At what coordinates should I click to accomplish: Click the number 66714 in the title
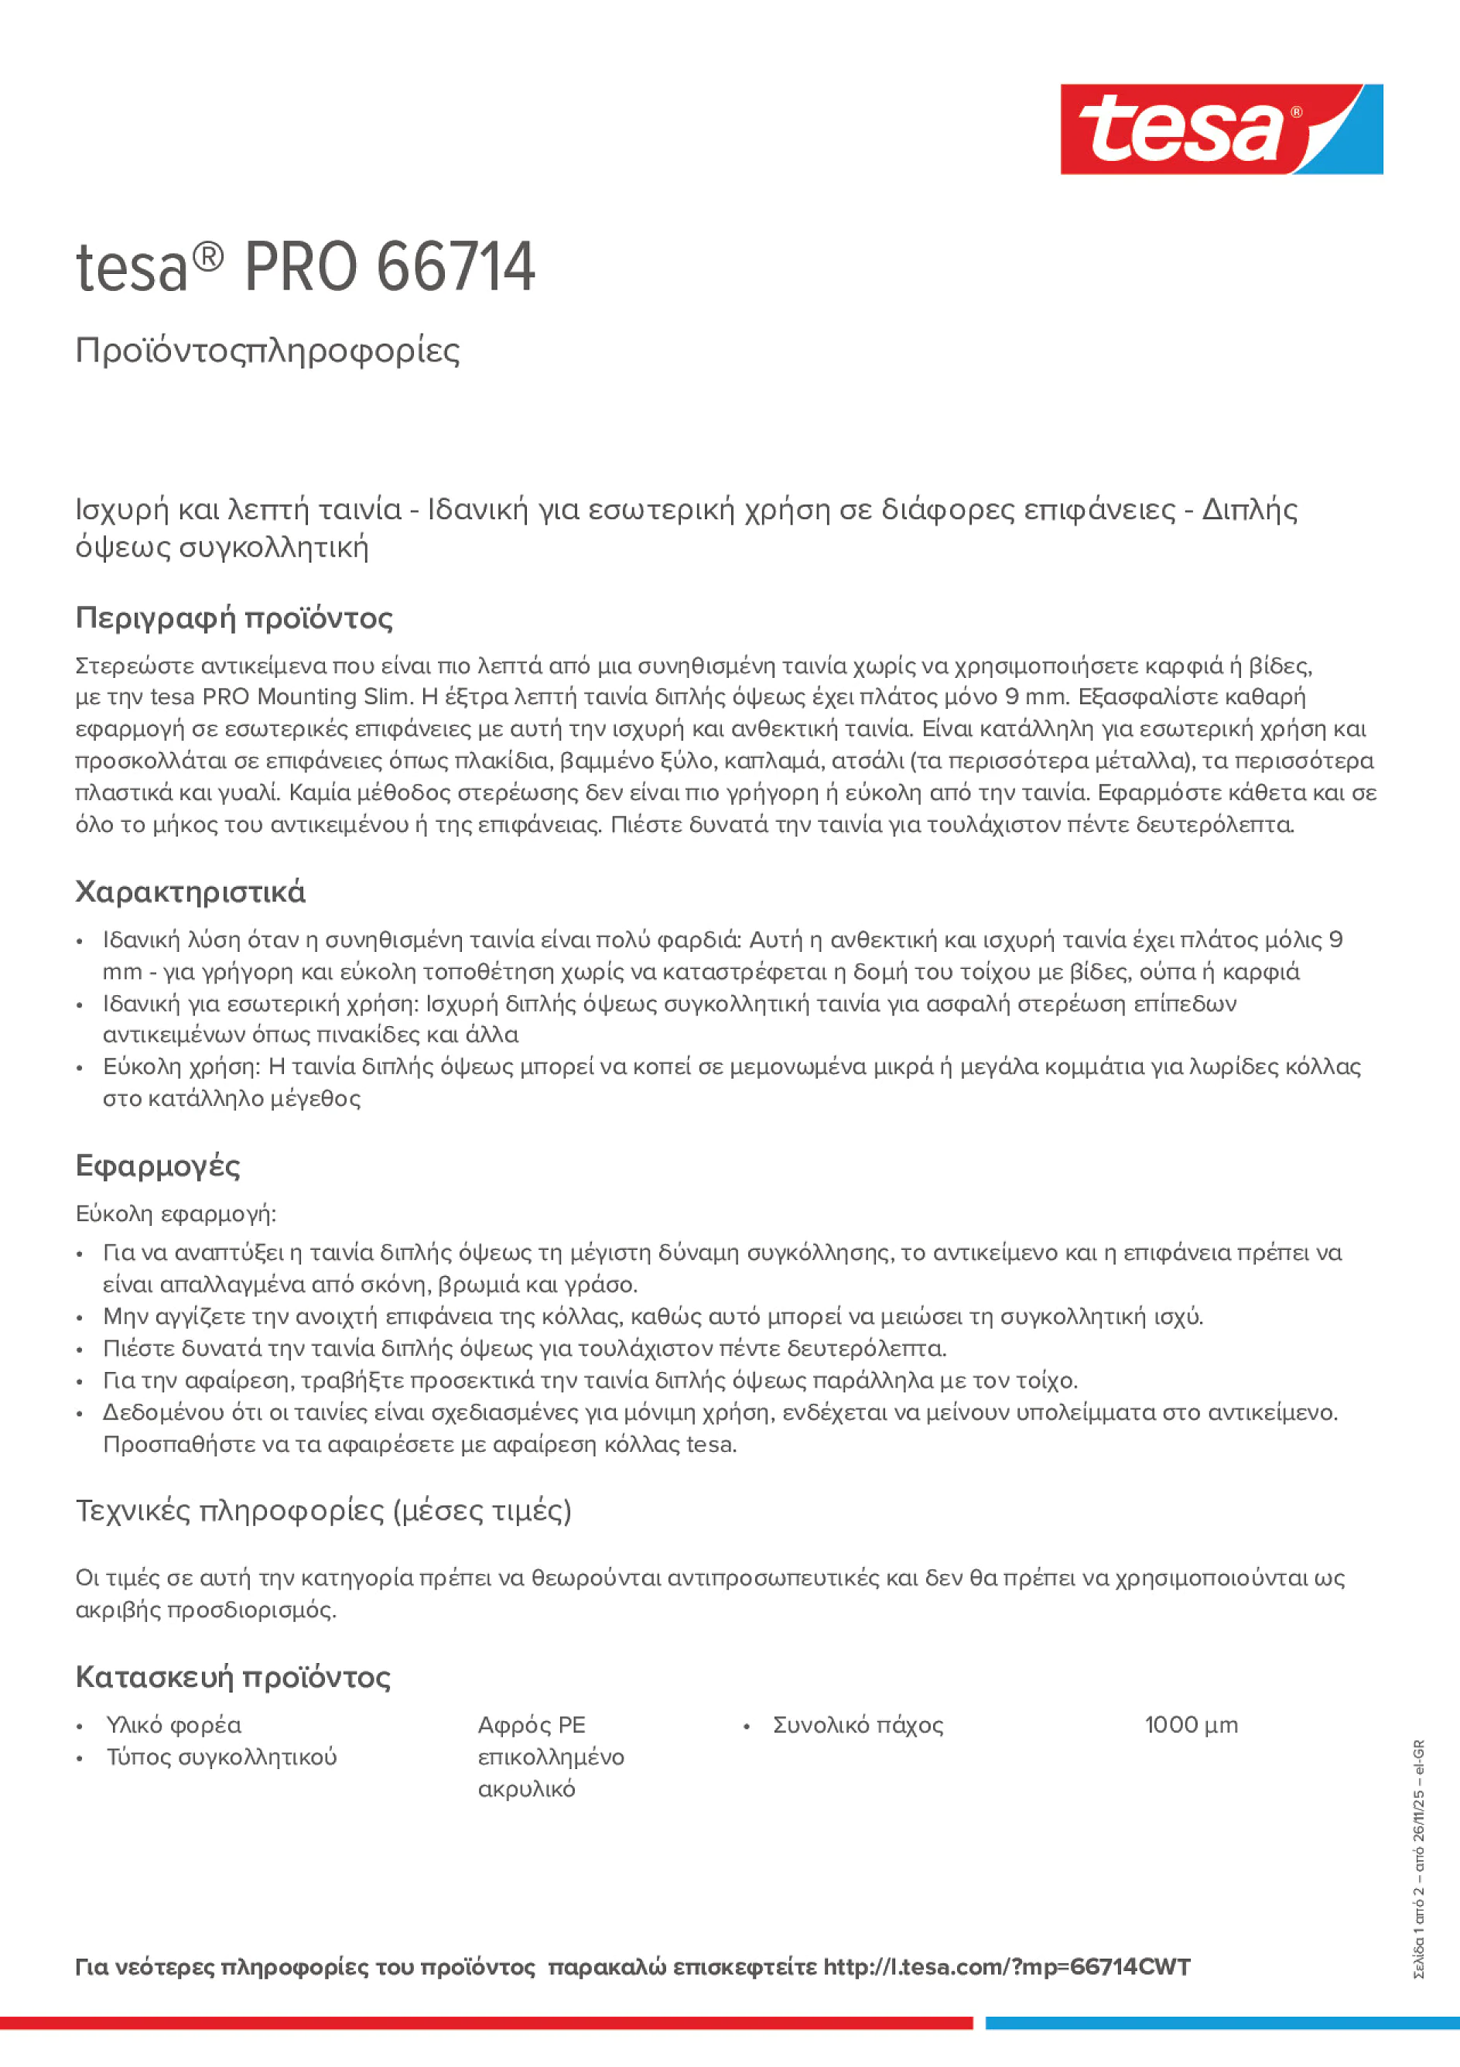(x=456, y=268)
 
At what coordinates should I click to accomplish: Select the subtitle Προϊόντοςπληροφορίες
(x=268, y=351)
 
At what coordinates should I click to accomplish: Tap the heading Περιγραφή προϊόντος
(x=234, y=618)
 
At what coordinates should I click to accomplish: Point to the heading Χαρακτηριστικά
(x=190, y=891)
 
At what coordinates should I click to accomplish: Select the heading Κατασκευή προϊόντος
(x=233, y=1676)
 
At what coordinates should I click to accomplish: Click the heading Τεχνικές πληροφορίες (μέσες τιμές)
(x=323, y=1510)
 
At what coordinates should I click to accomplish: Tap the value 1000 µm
(x=1191, y=1725)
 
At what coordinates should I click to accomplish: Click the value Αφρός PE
(x=531, y=1725)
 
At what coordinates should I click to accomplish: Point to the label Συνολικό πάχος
(x=858, y=1725)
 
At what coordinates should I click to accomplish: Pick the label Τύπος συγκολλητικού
(x=221, y=1757)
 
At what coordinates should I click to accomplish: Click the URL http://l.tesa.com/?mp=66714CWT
(x=1007, y=1967)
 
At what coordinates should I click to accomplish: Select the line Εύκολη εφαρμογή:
(x=176, y=1213)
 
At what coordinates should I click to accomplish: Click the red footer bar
(x=486, y=2023)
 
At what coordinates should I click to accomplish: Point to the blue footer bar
(x=1222, y=2023)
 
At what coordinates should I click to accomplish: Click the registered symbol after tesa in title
(x=208, y=258)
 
